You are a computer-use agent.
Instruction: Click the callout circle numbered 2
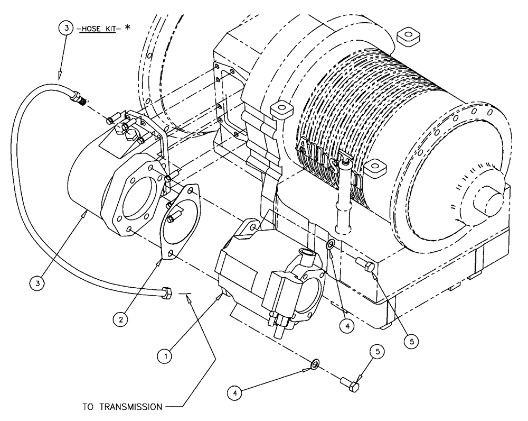[x=121, y=319]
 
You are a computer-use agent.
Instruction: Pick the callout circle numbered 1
[x=166, y=357]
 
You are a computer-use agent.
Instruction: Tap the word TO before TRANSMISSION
[x=90, y=408]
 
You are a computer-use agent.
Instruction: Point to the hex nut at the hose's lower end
[x=165, y=292]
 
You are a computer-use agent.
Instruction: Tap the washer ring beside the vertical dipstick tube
[x=330, y=244]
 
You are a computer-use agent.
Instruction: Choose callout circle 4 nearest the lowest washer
[x=236, y=392]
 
